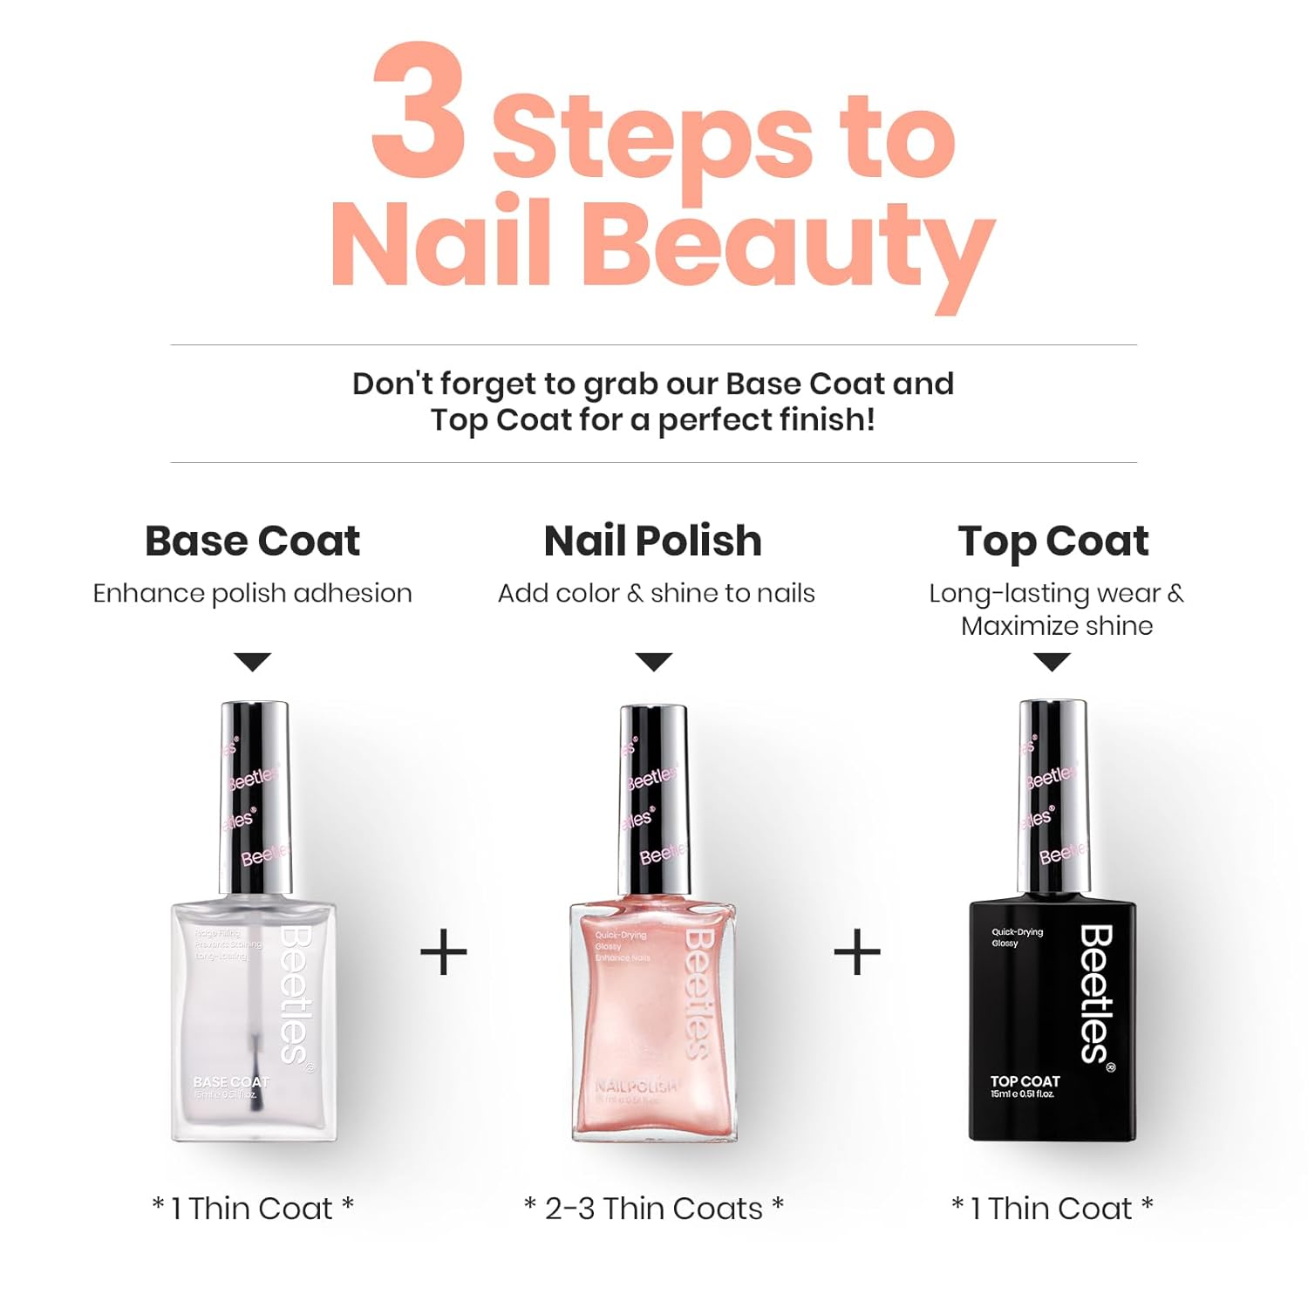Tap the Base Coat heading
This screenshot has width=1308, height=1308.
252,541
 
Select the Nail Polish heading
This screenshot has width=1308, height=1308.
652,541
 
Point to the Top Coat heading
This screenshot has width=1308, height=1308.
1053,541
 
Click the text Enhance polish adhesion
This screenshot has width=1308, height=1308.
252,593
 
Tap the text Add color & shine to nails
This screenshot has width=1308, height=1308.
656,593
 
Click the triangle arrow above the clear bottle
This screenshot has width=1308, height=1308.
253,662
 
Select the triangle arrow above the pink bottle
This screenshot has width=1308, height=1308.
653,662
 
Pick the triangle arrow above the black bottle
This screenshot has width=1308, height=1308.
1053,662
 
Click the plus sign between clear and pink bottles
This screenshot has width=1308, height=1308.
444,952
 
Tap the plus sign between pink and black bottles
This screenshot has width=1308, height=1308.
857,952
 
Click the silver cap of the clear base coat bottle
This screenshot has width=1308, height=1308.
254,798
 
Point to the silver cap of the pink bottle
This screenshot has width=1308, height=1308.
653,798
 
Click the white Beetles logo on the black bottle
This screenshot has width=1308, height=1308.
1097,994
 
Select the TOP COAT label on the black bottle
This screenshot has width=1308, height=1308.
1025,1081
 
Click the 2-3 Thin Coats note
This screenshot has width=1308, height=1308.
653,1209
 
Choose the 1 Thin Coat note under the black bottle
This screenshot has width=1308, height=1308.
1052,1209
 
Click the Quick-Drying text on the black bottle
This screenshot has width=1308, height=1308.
1017,932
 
